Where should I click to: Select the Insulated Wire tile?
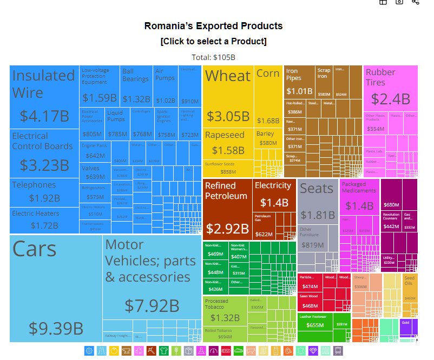[x=44, y=97]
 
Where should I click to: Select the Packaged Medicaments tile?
[x=359, y=197]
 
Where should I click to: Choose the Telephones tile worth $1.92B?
[x=44, y=192]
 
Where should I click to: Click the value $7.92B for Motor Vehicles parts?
[x=152, y=305]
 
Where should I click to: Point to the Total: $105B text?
[x=213, y=57]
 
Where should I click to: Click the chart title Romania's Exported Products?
[x=213, y=26]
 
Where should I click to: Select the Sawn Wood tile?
[x=310, y=300]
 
